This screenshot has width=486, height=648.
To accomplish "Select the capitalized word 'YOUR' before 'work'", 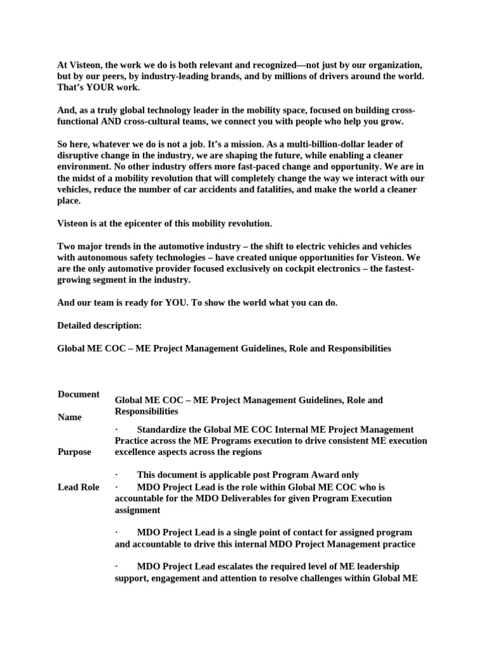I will [x=94, y=87].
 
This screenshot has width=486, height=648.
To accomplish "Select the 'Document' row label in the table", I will [x=78, y=394].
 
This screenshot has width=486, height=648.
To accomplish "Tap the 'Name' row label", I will [x=70, y=417].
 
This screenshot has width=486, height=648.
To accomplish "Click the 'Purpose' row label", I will [x=74, y=452].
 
